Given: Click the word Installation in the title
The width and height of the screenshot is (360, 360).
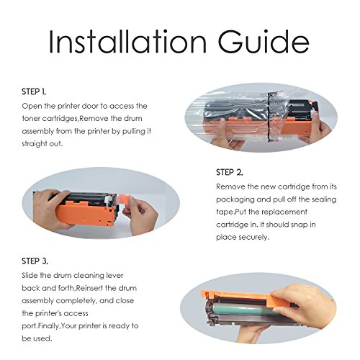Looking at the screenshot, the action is point(127,42).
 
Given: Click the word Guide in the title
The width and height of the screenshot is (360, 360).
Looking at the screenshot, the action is point(264,42).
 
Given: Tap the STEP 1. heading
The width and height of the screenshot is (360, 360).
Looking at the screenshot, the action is point(34,91).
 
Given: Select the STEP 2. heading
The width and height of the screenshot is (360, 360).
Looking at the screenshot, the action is point(230,172).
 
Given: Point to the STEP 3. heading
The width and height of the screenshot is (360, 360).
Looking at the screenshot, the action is point(35,261).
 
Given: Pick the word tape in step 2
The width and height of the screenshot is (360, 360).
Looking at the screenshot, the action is point(225,212).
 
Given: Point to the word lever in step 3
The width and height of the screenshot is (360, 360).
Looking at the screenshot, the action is point(114,276).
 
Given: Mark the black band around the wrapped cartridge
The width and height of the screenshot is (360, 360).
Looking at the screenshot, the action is point(271,117).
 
